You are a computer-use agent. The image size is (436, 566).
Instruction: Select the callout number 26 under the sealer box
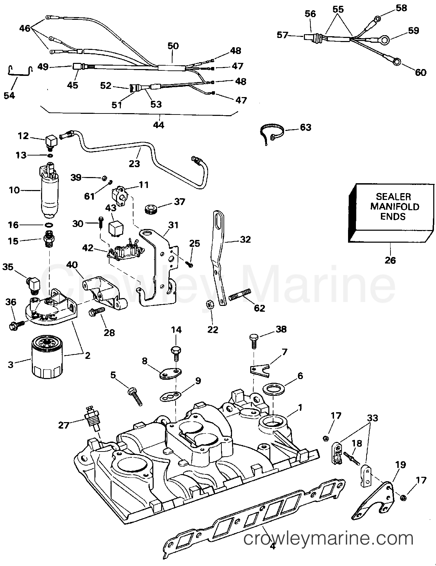[390, 260]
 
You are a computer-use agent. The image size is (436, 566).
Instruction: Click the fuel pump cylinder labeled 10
[50, 197]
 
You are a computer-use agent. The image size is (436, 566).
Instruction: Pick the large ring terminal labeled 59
[385, 41]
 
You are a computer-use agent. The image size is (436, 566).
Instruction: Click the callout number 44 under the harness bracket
[158, 125]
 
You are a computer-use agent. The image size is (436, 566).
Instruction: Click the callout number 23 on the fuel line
[134, 163]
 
